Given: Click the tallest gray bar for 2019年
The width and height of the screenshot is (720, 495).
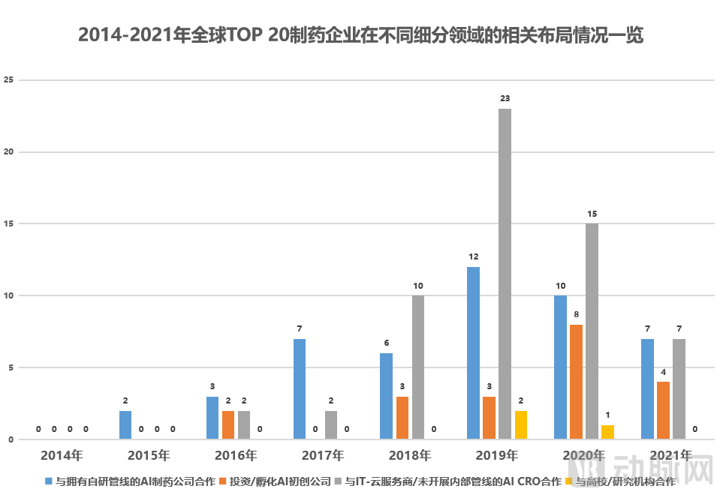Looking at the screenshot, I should [505, 274].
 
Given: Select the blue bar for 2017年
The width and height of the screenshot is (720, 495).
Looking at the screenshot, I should [299, 388].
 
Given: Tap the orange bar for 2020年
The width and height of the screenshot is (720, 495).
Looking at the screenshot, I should [576, 382].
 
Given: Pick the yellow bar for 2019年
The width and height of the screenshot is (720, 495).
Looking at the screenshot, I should [520, 424].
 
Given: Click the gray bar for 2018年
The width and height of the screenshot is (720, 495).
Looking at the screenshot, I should [417, 367].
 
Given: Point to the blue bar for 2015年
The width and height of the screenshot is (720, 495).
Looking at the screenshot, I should [125, 424].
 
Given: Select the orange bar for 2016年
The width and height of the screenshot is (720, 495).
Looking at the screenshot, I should [228, 424].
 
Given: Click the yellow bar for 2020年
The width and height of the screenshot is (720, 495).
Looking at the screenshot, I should [607, 432].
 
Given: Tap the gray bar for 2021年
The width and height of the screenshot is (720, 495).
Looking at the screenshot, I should [679, 388].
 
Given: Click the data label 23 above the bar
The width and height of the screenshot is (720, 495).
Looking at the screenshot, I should [505, 98].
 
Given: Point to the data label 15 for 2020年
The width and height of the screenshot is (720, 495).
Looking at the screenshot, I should [592, 214].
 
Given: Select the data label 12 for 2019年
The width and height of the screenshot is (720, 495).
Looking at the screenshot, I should [473, 256].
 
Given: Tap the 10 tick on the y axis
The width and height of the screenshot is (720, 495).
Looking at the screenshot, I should [8, 295].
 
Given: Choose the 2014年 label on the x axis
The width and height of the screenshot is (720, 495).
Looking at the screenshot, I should [62, 454].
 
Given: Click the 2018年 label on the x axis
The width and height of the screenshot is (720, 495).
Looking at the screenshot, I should [410, 454].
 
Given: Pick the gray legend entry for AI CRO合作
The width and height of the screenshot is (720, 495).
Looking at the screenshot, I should [453, 481].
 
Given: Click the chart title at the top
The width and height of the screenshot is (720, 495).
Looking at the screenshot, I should [360, 35].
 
